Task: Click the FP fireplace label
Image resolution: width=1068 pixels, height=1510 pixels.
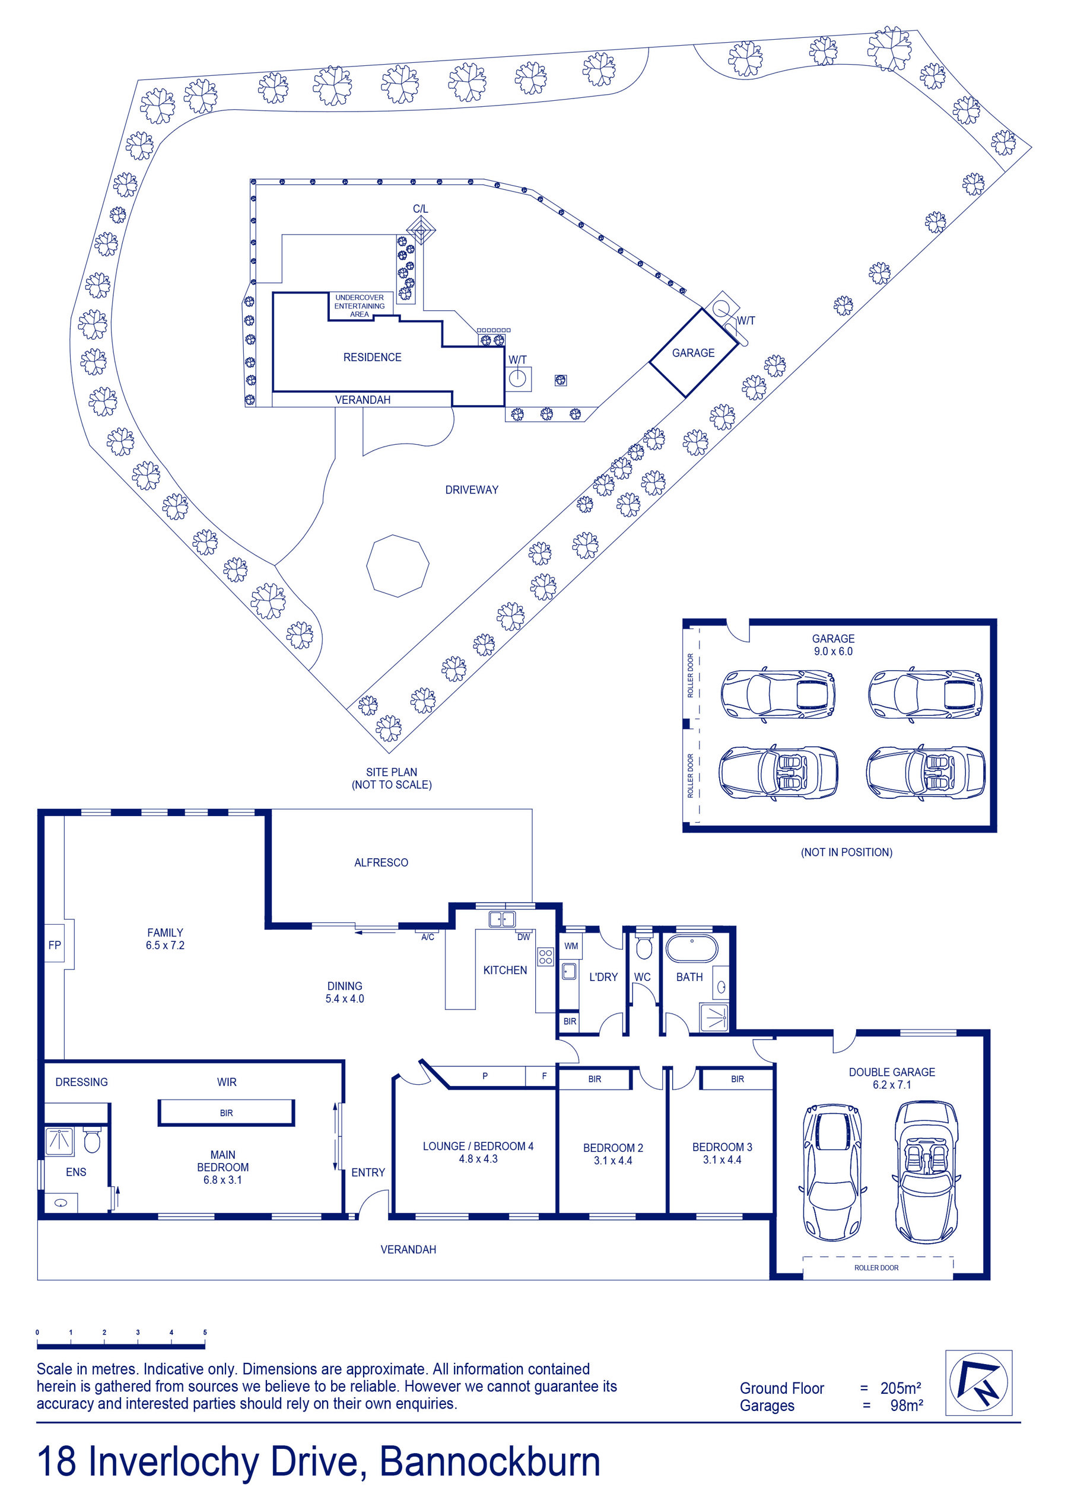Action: coord(55,945)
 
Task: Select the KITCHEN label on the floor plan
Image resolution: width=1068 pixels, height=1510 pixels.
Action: coord(505,970)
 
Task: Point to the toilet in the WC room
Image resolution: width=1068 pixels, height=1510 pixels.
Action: coord(643,947)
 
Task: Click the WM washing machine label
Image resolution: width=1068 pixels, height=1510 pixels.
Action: coord(571,946)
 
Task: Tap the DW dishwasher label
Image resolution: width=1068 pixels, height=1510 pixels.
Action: coord(523,937)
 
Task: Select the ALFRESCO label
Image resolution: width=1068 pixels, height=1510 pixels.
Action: coord(381,862)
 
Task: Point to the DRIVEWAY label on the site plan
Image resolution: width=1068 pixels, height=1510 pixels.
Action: coord(472,489)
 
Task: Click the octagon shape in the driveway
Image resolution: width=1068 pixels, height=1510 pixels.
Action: coord(398,566)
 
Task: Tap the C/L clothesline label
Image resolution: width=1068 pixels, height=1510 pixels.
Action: coord(421,209)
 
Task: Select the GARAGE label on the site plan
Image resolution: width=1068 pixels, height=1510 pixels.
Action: coord(693,352)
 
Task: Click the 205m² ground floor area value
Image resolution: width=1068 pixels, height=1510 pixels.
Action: coord(901,1388)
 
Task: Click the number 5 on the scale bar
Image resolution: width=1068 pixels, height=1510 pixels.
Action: coord(205,1333)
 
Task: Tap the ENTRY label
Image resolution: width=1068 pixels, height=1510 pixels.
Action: coord(368,1172)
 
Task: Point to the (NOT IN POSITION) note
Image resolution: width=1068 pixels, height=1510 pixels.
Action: coord(846,852)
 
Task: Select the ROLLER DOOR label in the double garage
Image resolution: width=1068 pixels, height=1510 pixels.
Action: coord(876,1267)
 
